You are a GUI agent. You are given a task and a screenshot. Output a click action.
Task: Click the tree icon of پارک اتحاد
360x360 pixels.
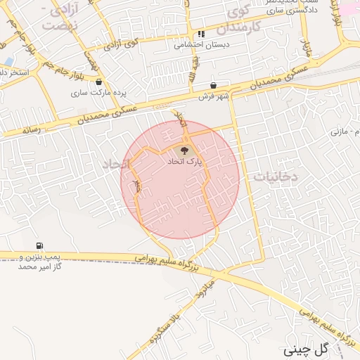point(185,150)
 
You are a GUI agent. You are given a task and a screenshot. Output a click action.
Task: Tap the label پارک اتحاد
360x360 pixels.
point(184,162)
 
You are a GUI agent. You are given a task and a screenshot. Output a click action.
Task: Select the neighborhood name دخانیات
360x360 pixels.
point(277,178)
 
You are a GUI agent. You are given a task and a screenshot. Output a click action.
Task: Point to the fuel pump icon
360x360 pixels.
point(39,245)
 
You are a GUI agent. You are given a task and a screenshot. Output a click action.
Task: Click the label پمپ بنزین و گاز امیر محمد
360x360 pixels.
point(39,262)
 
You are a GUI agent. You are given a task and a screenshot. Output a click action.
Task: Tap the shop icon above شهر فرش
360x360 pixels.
point(212,85)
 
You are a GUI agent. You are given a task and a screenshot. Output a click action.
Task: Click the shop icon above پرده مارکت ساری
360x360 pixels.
point(98,82)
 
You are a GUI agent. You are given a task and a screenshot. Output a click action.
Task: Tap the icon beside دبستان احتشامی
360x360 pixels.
point(202,34)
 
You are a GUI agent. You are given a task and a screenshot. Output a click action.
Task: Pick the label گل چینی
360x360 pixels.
point(307,349)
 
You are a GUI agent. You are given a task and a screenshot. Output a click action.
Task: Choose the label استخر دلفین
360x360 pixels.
point(13,72)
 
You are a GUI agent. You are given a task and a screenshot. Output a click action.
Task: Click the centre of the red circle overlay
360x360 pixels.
point(180,179)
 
